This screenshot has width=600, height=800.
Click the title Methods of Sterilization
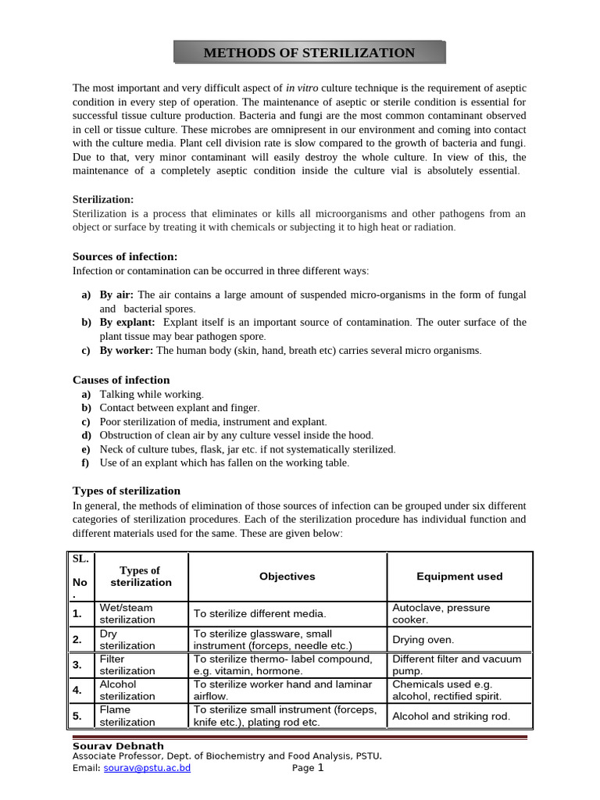pos(309,53)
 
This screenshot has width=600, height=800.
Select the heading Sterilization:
pos(103,199)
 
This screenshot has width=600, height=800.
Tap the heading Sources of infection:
pos(125,256)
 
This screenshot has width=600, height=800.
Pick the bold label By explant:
pos(127,322)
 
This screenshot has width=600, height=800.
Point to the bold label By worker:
pos(126,351)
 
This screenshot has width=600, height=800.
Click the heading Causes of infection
pos(121,380)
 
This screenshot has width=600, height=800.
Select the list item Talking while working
pos(152,395)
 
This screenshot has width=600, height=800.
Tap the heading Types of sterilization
pos(127,491)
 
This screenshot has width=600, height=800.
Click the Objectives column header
pos(287,577)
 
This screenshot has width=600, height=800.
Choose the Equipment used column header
pos(459,577)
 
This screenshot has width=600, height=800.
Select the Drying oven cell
pos(423,639)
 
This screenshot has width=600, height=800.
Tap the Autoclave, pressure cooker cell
pos(441,613)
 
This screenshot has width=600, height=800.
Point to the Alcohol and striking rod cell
pos(452,716)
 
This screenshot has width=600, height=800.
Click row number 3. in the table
pos(78,665)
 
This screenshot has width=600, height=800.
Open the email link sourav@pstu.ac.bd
pos(147,768)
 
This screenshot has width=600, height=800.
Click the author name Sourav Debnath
pos(118,746)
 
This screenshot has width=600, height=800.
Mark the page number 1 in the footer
pos(320,767)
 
